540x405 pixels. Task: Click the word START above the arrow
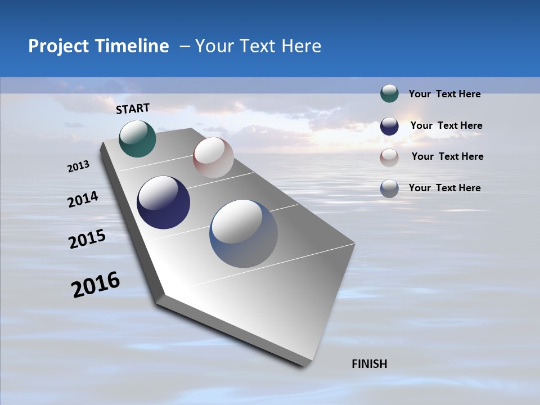(133, 109)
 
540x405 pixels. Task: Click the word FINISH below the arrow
(370, 364)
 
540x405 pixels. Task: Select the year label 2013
(79, 166)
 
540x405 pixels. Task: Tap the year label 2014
(83, 200)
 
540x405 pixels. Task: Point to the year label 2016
(96, 285)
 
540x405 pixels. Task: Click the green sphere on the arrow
(137, 138)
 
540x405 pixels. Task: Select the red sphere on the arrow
(213, 157)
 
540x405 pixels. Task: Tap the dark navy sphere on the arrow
(163, 202)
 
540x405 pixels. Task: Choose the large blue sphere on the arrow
(244, 233)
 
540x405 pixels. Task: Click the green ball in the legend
(389, 94)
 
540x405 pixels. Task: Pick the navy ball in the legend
(389, 126)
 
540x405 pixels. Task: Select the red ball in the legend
(389, 157)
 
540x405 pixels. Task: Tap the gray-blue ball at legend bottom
(389, 188)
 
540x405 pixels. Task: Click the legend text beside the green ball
(444, 94)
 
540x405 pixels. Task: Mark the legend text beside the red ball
(447, 156)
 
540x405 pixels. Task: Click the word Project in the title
(58, 46)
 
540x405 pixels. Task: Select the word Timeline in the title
(132, 46)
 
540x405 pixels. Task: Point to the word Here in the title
(301, 46)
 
